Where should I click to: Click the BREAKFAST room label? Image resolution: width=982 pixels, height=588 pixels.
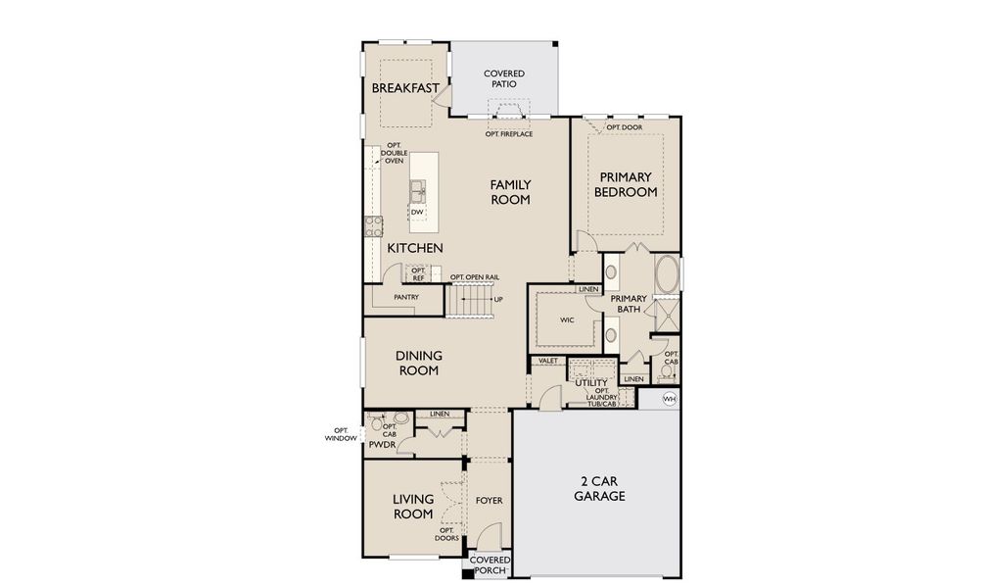tap(404, 88)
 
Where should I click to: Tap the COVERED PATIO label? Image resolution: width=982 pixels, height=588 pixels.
tap(504, 79)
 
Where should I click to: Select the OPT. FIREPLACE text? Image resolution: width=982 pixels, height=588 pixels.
tap(509, 133)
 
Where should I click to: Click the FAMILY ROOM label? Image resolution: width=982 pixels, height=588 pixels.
tap(510, 192)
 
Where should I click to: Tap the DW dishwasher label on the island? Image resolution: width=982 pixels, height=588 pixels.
tap(416, 212)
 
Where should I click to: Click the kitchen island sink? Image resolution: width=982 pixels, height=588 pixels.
tap(418, 188)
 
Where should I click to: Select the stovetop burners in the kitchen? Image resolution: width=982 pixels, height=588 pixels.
tap(373, 227)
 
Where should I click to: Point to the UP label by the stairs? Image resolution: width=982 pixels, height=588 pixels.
tap(498, 300)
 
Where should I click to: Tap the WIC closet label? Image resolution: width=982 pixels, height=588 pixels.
tap(566, 320)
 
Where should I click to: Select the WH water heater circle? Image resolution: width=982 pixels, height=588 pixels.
tap(670, 399)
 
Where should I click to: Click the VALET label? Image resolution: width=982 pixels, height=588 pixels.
tap(547, 362)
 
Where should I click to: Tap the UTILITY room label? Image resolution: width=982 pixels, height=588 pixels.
tap(591, 383)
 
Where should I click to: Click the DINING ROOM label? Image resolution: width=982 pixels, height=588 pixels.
tap(417, 364)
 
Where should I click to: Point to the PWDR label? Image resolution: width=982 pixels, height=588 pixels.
tap(382, 445)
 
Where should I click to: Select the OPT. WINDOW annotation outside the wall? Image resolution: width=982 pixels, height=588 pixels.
tap(341, 435)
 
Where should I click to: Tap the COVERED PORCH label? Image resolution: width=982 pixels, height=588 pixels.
tap(489, 565)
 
